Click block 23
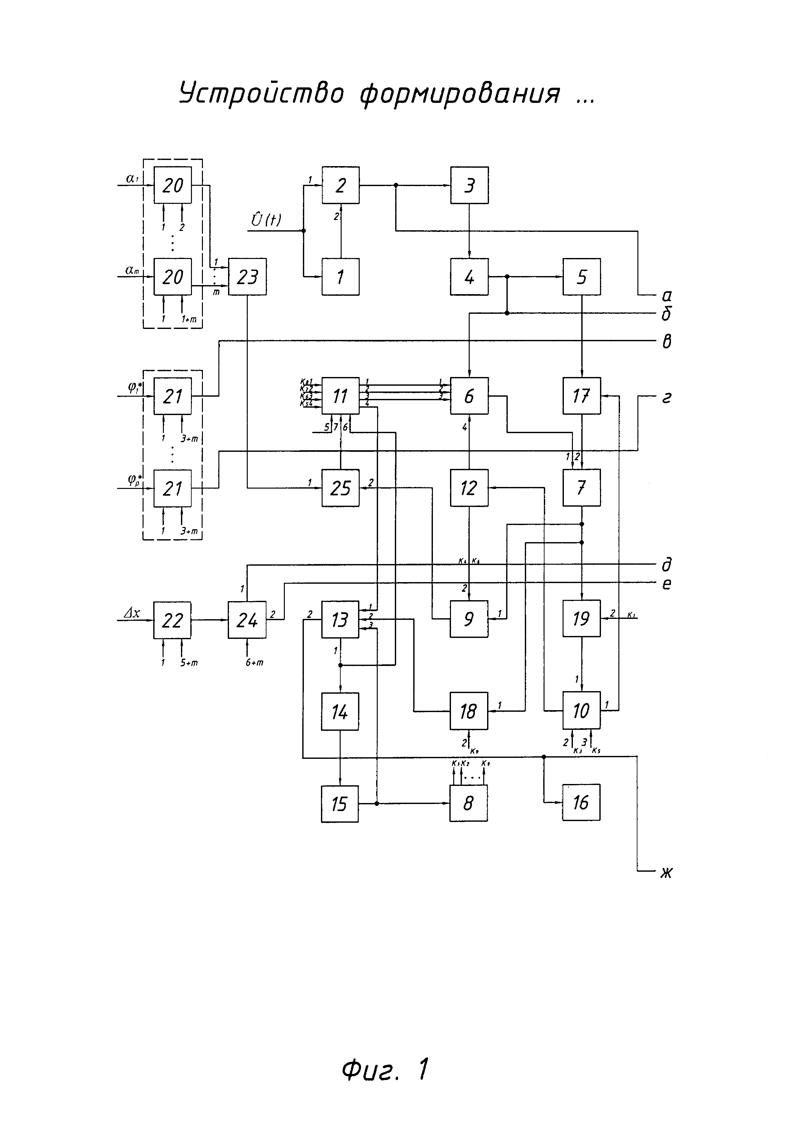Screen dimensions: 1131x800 pos(247,277)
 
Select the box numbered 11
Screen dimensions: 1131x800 pos(340,396)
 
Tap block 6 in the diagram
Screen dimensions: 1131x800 pos(469,396)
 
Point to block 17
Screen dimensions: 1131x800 pos(582,396)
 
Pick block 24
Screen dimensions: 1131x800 pos(247,620)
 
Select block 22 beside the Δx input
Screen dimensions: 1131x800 pos(172,620)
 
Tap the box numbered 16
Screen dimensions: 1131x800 pos(581,802)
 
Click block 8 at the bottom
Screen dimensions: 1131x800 pos(468,803)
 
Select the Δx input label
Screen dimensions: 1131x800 pos(132,613)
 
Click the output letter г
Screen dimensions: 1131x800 pos(666,398)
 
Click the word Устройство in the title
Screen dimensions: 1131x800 pos(261,94)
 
